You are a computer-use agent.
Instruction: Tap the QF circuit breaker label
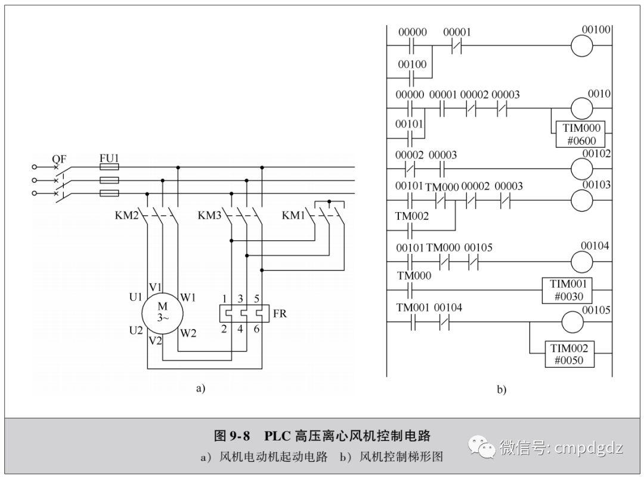point(58,159)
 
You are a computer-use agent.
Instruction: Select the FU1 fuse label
point(109,158)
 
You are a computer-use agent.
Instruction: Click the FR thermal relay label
point(279,313)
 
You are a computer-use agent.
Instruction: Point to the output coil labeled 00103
point(588,201)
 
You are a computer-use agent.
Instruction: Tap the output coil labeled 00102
point(588,169)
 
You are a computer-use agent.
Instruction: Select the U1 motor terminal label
point(135,297)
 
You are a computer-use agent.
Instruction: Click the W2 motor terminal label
point(188,334)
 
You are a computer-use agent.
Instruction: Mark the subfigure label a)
point(200,389)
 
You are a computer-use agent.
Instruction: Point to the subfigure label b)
point(501,390)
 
